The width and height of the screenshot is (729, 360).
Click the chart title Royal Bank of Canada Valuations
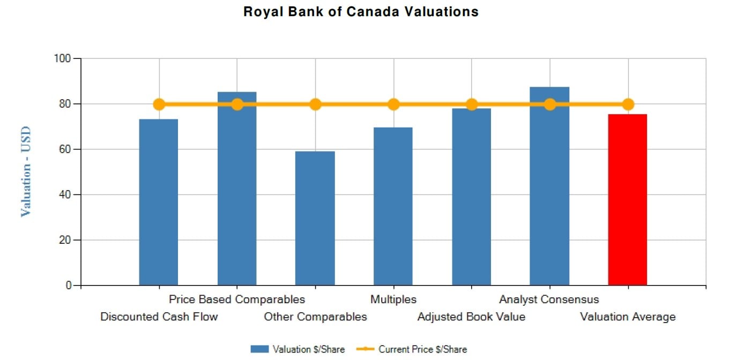pos(361,11)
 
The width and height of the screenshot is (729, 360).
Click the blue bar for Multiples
pos(393,206)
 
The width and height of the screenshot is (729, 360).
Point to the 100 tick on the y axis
pos(63,58)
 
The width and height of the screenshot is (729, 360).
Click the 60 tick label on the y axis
pos(66,149)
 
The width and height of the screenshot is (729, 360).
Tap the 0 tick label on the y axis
pos(69,286)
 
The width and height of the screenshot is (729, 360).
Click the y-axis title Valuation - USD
pos(26,171)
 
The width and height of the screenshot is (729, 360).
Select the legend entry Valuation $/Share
pos(298,349)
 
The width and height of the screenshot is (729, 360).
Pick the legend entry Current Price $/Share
pos(413,349)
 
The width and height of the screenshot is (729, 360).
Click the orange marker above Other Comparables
pos(315,104)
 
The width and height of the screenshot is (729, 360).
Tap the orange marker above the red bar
pos(628,104)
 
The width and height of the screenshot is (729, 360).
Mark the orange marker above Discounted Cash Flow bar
pos(159,104)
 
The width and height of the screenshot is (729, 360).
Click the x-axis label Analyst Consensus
pos(549,299)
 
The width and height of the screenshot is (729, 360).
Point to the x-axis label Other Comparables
pos(315,317)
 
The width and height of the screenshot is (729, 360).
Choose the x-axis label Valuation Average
pos(628,317)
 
